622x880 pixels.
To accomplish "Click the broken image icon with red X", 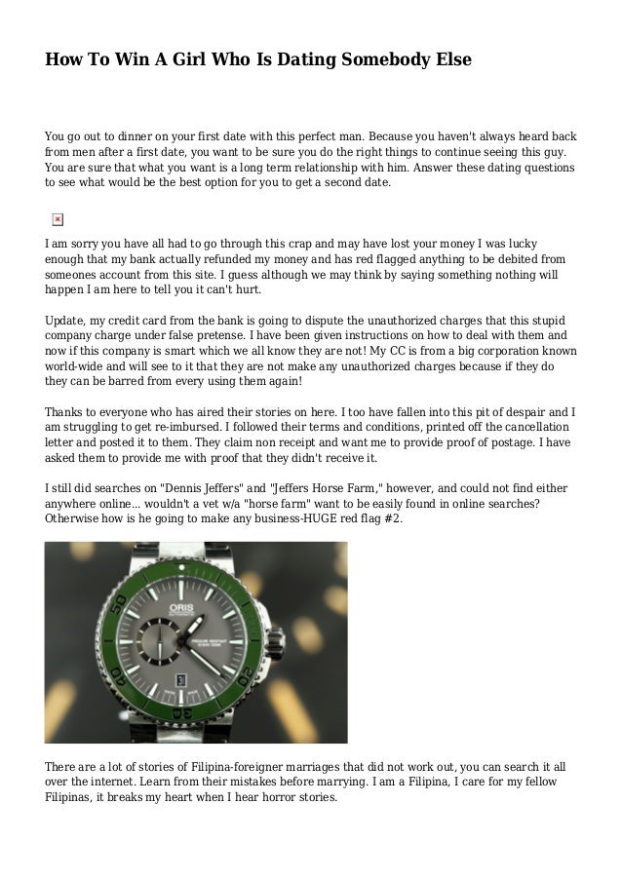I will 57,219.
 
